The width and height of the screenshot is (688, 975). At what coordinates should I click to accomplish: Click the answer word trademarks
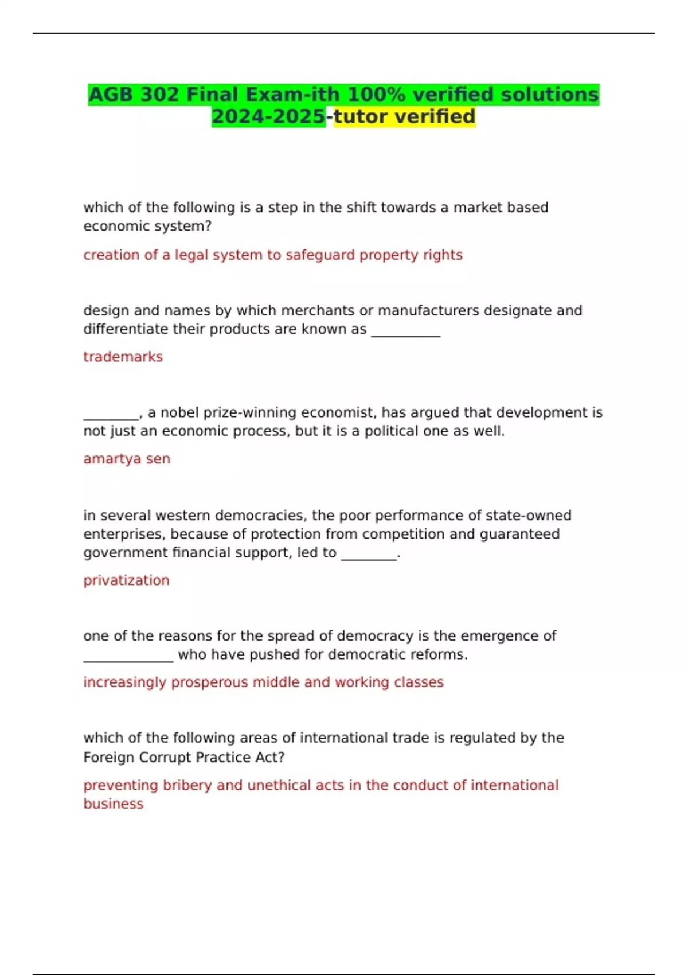[x=123, y=357]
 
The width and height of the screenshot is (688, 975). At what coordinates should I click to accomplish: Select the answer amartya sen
[x=127, y=459]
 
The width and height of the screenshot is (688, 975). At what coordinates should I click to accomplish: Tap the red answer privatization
[x=126, y=580]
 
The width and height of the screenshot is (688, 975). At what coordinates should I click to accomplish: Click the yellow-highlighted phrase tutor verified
[x=404, y=116]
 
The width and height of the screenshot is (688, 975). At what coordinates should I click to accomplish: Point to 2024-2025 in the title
[x=268, y=116]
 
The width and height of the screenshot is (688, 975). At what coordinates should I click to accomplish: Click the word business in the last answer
[x=113, y=804]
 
